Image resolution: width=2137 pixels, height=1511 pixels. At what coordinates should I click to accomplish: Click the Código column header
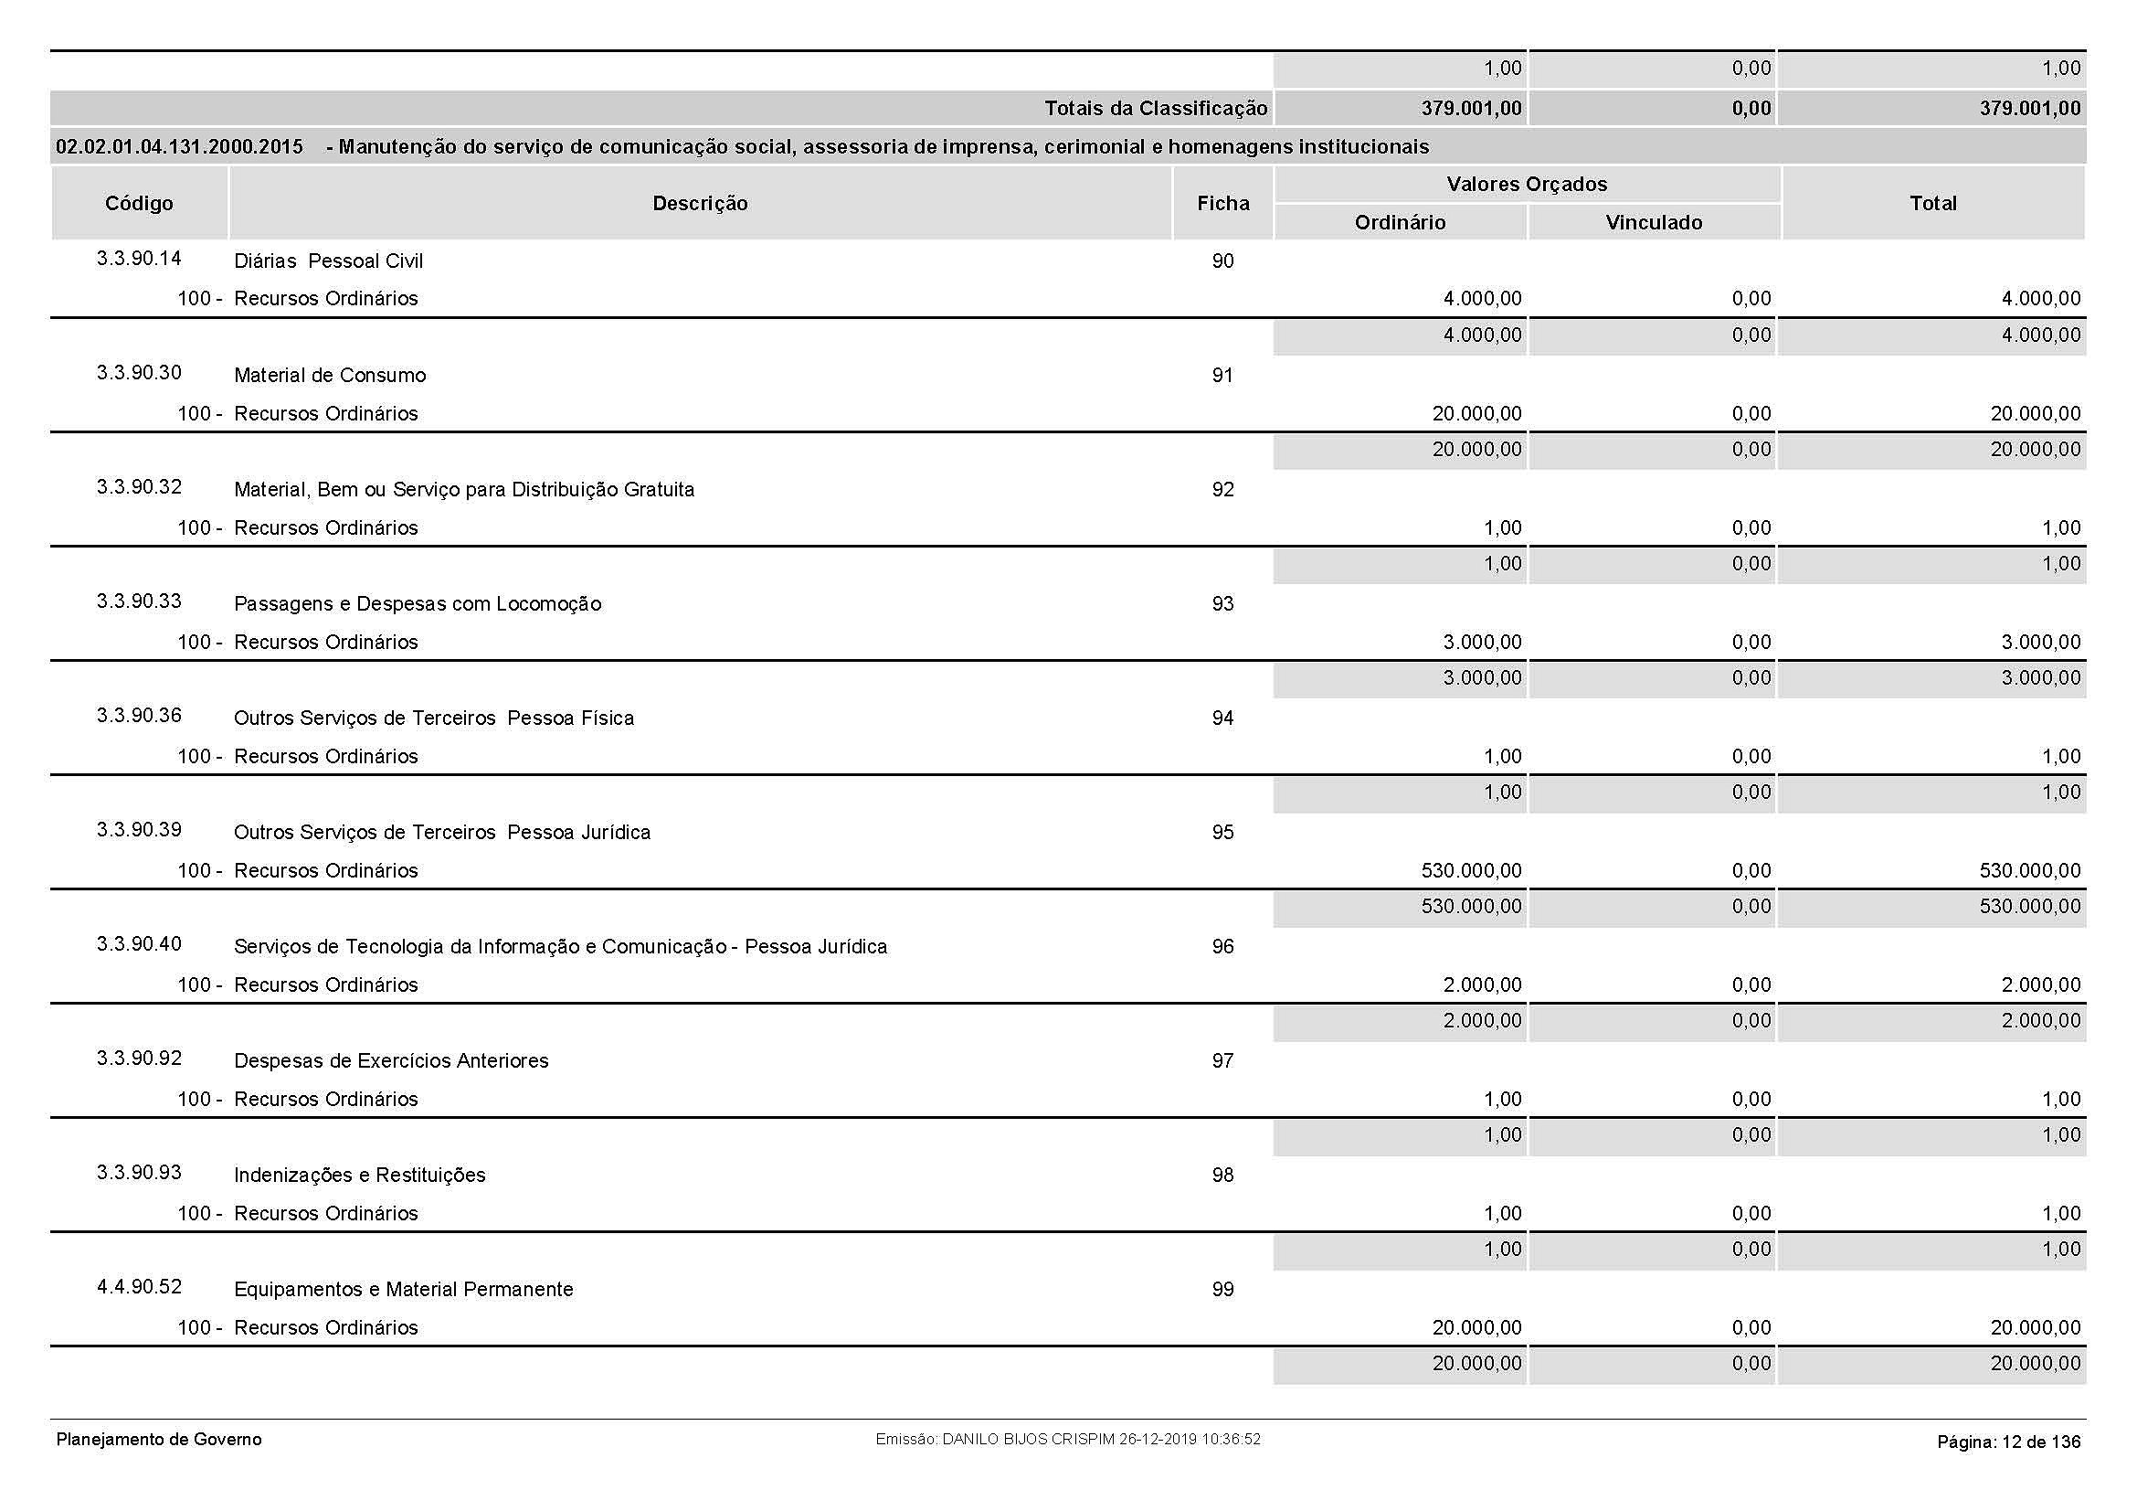click(x=139, y=203)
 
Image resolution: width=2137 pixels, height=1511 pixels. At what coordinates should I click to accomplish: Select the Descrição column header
click(x=700, y=203)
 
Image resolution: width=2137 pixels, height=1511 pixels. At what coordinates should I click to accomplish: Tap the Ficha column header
click(x=1223, y=203)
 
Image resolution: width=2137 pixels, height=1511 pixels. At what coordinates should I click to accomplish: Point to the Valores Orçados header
click(x=1527, y=185)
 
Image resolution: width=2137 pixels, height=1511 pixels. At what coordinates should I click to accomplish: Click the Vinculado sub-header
click(x=1654, y=222)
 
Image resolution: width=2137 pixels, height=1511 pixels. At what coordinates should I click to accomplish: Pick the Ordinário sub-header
click(x=1400, y=222)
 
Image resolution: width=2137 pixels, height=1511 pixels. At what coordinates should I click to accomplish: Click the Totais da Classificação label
click(x=1156, y=109)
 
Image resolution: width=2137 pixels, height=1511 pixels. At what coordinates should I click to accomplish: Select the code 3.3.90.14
click(x=139, y=259)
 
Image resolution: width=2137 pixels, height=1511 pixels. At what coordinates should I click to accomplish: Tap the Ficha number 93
click(x=1223, y=604)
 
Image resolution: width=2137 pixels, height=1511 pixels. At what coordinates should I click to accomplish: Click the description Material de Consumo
click(x=330, y=375)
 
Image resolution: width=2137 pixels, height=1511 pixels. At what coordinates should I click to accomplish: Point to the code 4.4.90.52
click(x=139, y=1287)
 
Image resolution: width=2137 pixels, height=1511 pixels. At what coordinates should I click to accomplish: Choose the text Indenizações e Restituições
click(x=359, y=1175)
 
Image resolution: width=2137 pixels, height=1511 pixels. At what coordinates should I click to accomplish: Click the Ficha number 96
click(x=1223, y=947)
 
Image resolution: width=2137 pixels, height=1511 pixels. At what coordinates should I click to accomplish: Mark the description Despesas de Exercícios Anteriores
click(x=391, y=1061)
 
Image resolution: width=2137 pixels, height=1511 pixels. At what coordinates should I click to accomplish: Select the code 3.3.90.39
click(x=139, y=829)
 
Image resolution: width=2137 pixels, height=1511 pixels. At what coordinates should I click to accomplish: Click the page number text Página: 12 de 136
click(x=2008, y=1442)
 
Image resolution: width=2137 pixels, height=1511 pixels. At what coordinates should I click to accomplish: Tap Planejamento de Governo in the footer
click(x=159, y=1440)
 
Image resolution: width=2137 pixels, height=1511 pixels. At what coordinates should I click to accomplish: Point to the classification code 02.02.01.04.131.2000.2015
click(x=180, y=147)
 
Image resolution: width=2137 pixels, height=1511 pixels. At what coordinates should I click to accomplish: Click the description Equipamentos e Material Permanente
click(x=403, y=1290)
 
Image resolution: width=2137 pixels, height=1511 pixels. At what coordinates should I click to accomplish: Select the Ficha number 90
click(x=1223, y=261)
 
